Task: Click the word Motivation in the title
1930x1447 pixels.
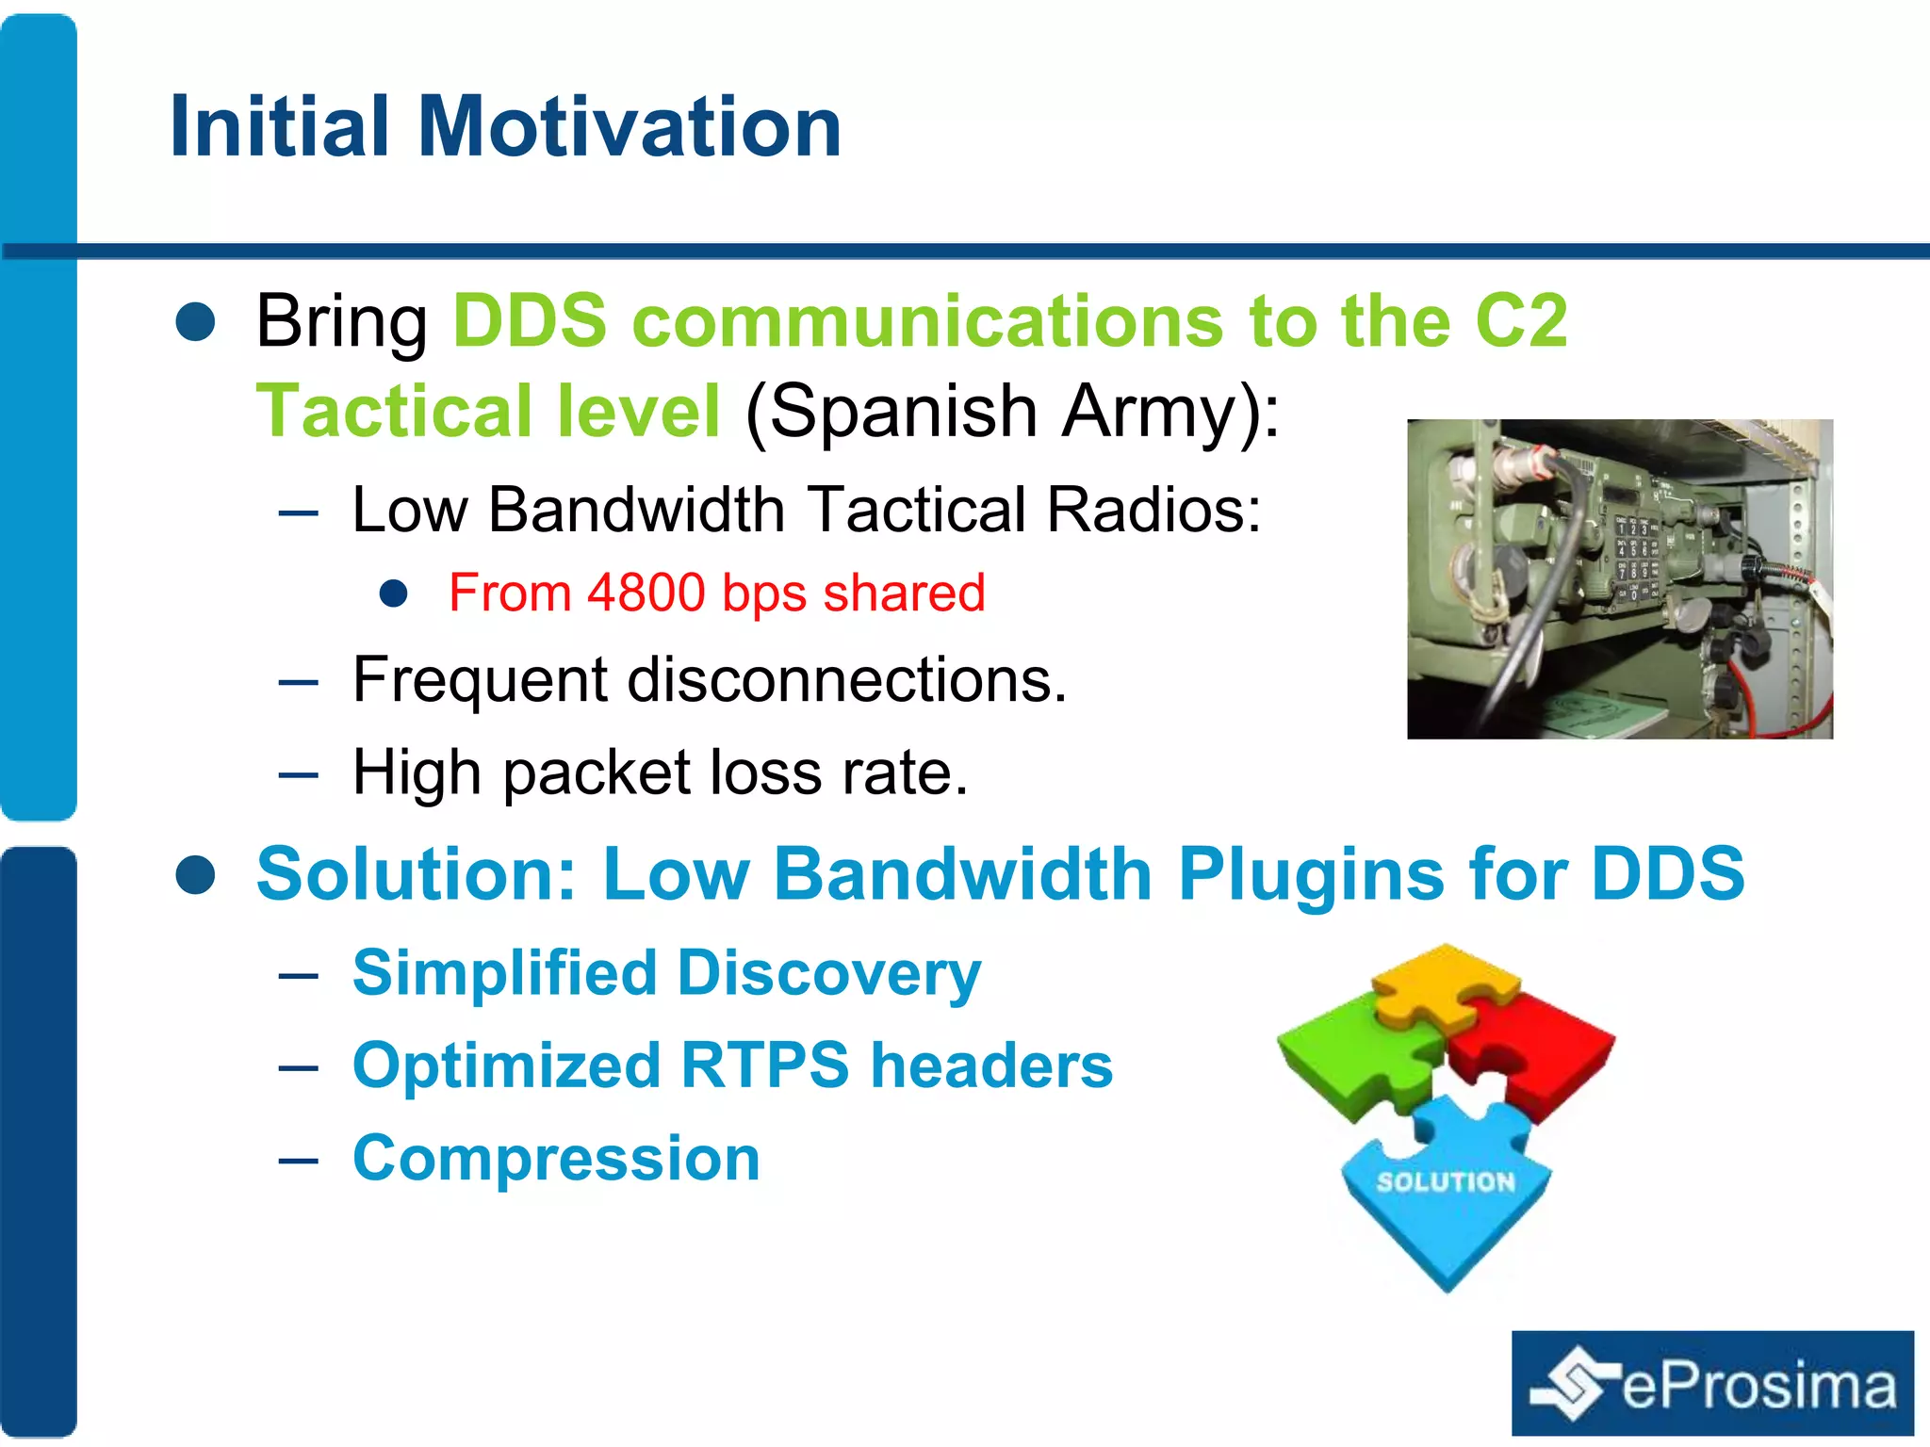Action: click(x=629, y=127)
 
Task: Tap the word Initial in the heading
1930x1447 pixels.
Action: click(x=279, y=127)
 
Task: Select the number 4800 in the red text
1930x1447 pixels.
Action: click(x=646, y=593)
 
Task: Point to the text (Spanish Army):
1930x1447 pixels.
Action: click(x=1013, y=412)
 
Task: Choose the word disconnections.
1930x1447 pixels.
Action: click(x=847, y=679)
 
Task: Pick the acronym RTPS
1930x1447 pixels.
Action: click(x=765, y=1065)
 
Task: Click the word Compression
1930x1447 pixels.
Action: click(x=556, y=1158)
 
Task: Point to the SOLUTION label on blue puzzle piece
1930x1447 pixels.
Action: click(x=1446, y=1182)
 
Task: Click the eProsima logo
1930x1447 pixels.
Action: click(x=1712, y=1383)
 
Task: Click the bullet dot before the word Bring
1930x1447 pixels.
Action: click(x=196, y=321)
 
